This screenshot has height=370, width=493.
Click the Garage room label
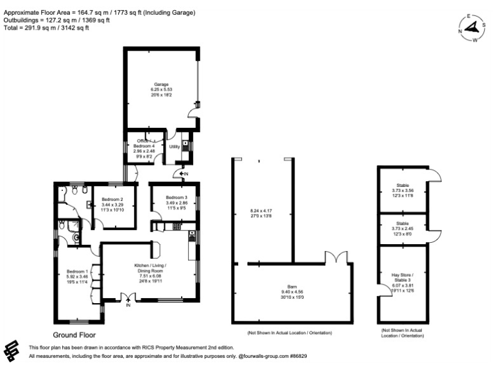coord(159,84)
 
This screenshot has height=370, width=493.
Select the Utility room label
coord(174,147)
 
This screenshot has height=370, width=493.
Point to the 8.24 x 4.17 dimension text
coord(261,211)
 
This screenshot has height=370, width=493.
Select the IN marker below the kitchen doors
coord(128,306)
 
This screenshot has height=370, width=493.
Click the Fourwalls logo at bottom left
coord(13,351)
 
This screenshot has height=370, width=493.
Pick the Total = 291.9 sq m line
coord(46,28)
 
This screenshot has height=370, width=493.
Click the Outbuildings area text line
coord(56,21)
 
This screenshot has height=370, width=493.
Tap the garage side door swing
coord(192,116)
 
